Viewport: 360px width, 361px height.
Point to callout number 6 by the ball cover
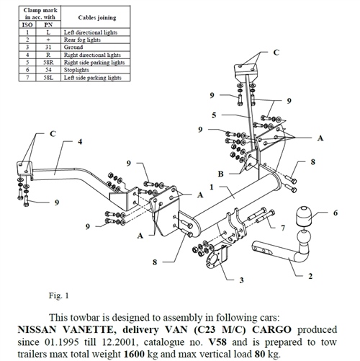[x=335, y=213]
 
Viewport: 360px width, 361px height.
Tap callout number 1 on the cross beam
[x=210, y=187]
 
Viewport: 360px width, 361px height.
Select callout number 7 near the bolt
[x=283, y=228]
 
